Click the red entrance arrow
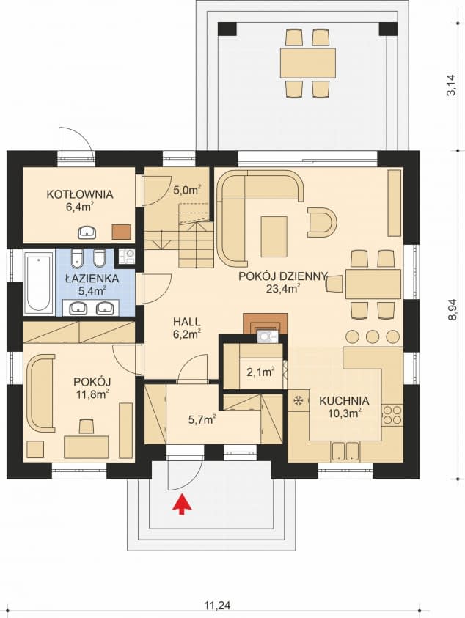pos(181,504)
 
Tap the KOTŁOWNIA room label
pos(80,194)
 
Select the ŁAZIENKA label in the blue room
pos(92,279)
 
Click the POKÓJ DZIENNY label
pos(283,276)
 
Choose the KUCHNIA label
pos(344,401)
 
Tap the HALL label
pos(187,322)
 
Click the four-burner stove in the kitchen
pos(392,416)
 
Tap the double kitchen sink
pos(345,452)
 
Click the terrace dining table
pos(307,63)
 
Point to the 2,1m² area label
pos(260,372)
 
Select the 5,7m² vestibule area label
pos(202,420)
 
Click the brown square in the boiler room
pos(122,232)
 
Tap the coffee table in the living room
pos(274,237)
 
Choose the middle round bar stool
pos(373,336)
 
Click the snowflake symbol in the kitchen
pos(299,401)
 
